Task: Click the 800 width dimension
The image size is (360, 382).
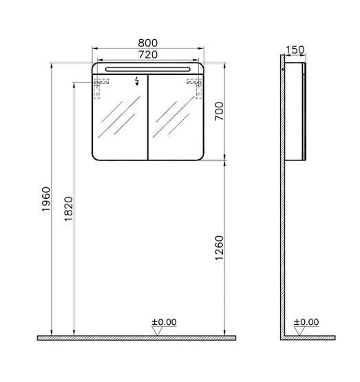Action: [149, 42]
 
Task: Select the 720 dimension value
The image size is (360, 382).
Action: [149, 54]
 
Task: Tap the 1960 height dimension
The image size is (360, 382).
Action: [46, 200]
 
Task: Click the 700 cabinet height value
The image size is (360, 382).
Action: [220, 110]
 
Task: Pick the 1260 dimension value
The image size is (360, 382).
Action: [220, 248]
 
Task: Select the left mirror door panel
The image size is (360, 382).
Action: [120, 120]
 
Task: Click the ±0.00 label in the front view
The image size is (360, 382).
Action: [165, 321]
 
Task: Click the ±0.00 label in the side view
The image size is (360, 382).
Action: [306, 321]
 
